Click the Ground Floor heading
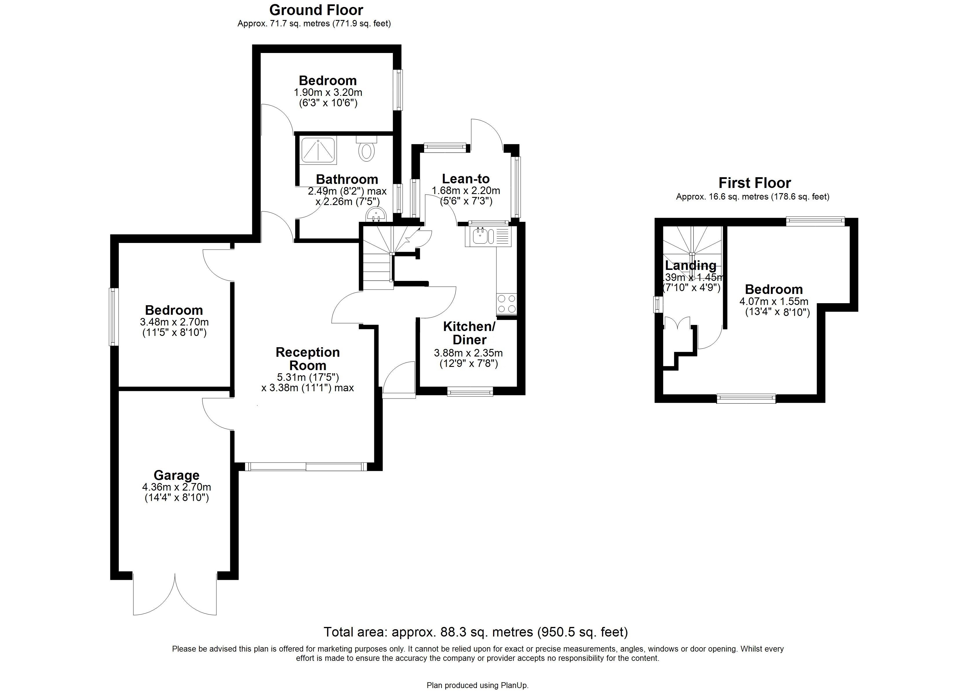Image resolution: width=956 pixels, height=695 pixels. click(x=316, y=10)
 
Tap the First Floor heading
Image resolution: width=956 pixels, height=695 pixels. click(x=754, y=183)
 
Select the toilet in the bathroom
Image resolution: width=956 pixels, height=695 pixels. click(x=366, y=151)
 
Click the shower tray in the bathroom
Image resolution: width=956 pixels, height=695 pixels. click(x=318, y=150)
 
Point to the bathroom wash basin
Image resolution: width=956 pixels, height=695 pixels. click(x=376, y=215)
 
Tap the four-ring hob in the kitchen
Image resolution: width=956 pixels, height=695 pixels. click(x=506, y=304)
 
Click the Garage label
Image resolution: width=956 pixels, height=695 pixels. click(x=176, y=475)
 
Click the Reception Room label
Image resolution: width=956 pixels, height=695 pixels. click(x=307, y=359)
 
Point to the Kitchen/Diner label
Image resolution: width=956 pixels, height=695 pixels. click(x=469, y=333)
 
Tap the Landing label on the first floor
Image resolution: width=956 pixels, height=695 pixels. click(x=690, y=266)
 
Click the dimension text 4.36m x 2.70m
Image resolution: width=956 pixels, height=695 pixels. click(x=176, y=487)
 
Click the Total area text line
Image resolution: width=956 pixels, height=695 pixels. click(x=475, y=632)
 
